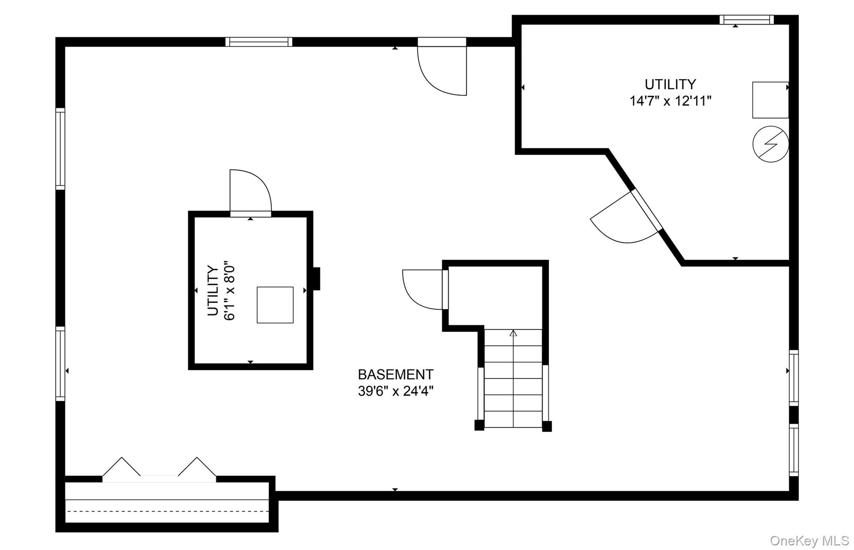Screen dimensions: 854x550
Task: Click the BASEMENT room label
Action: [396, 375]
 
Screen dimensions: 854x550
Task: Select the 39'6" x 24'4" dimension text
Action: [396, 391]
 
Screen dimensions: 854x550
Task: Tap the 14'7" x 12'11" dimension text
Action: [670, 101]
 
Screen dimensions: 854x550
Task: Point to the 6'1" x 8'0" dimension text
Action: [230, 291]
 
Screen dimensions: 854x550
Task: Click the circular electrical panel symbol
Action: [771, 144]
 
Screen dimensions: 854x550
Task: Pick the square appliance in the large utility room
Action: [770, 100]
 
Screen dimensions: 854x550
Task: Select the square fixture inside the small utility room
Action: [275, 305]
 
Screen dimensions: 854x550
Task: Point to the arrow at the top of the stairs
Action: [513, 333]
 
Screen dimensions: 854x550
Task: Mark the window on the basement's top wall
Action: [259, 42]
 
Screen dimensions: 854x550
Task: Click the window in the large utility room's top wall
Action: [746, 20]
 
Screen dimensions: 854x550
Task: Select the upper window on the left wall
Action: [60, 149]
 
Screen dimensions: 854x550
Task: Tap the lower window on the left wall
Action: [60, 364]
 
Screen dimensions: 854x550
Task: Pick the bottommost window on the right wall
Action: [794, 450]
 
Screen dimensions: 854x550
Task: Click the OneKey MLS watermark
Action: [809, 541]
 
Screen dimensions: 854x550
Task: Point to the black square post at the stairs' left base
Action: [480, 425]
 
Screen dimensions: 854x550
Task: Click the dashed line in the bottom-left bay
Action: [167, 511]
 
